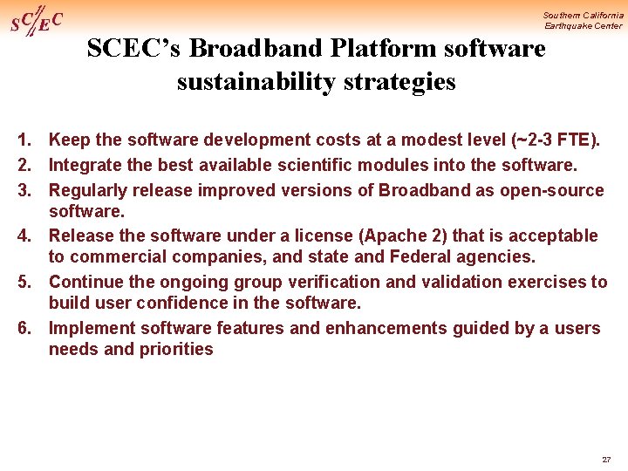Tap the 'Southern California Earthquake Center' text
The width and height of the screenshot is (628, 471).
(x=583, y=20)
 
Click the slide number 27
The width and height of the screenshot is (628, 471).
(x=606, y=460)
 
